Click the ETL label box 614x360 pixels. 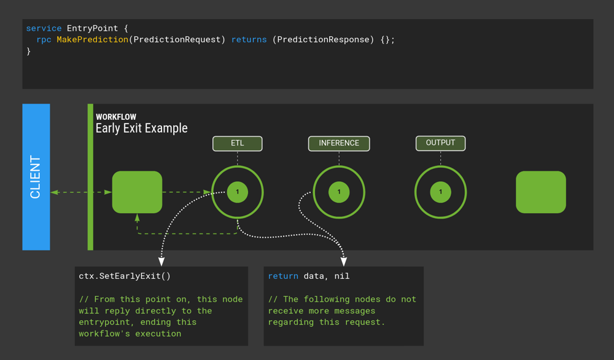[237, 143]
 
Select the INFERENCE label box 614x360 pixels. [339, 143]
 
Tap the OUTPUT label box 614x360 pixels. [440, 143]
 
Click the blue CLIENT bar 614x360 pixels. [36, 177]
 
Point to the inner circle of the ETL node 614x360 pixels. [237, 192]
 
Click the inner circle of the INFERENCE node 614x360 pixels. [339, 192]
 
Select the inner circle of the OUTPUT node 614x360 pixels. [440, 192]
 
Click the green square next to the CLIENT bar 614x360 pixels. [137, 192]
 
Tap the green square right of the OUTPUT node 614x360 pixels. [541, 192]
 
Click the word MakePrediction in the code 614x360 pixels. [93, 39]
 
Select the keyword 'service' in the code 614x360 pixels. [44, 28]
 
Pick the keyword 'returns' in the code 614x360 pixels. [249, 39]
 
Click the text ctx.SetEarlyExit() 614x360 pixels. [125, 276]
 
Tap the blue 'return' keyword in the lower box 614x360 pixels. [283, 276]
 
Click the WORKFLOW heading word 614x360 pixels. [116, 117]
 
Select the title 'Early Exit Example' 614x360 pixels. [141, 128]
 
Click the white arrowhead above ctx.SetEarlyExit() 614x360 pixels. [161, 262]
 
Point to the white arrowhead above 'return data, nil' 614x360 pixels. [344, 262]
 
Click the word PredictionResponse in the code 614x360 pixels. [323, 39]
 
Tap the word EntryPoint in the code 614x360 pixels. [93, 28]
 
